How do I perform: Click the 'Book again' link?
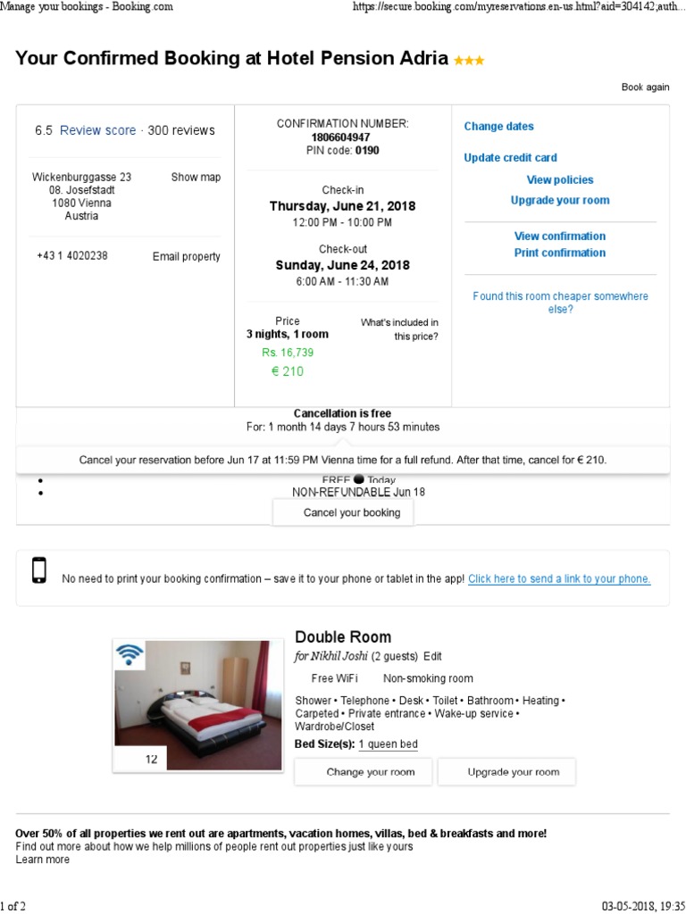645,87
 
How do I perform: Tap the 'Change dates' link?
498,127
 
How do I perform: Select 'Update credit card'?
510,158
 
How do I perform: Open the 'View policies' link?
560,180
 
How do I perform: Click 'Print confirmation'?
560,253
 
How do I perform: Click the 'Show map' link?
196,178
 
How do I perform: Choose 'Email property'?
186,257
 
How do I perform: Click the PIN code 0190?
367,151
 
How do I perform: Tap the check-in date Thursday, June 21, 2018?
342,206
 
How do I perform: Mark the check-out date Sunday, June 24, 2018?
342,265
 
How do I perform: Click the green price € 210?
288,371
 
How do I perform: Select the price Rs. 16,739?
288,353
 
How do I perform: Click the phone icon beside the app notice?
38,570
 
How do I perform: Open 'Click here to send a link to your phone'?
559,579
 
